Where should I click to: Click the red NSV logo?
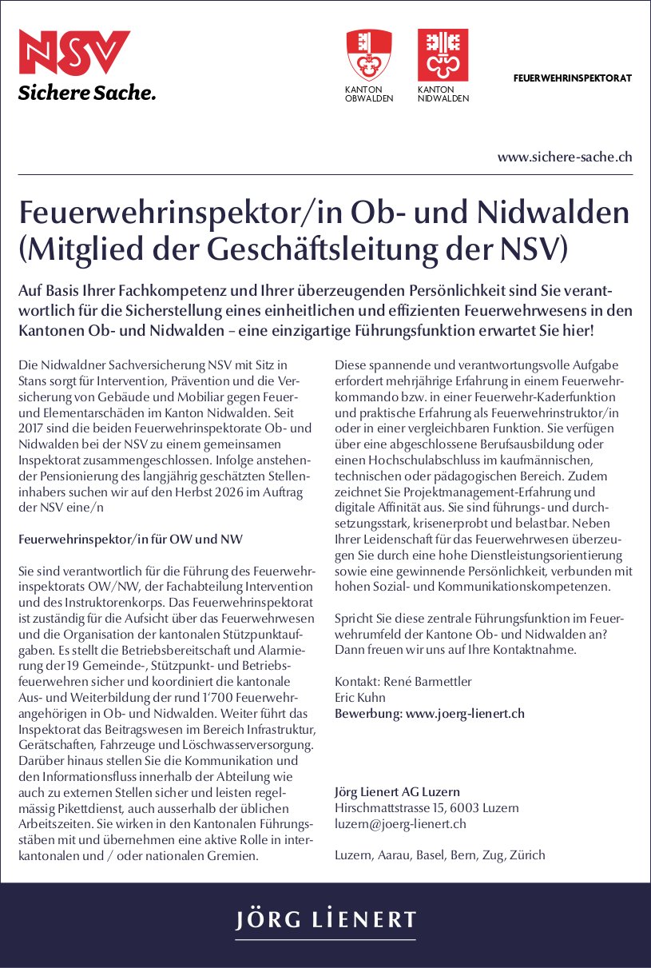[74, 53]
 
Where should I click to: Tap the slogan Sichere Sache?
[86, 93]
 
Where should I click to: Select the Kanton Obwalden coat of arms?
[368, 54]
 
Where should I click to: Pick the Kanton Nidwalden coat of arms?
[443, 54]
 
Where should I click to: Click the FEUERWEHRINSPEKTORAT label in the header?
[572, 78]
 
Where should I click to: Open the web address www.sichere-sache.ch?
[565, 157]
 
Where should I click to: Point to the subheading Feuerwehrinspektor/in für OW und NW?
[130, 540]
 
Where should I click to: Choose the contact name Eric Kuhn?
[359, 697]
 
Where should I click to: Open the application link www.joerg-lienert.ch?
[465, 713]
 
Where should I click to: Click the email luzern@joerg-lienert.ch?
[400, 823]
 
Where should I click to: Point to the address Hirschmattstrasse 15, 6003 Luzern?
[427, 808]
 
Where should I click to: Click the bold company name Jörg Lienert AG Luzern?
[397, 792]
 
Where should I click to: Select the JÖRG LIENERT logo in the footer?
[325, 920]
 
